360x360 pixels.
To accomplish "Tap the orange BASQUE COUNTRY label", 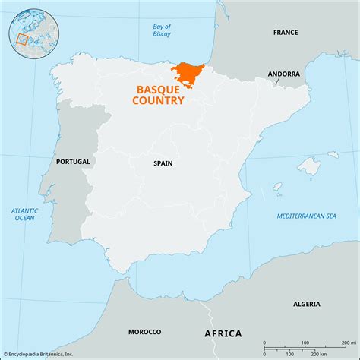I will point(159,94).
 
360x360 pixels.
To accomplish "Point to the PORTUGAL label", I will point(73,162).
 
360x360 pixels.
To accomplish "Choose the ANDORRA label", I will point(283,74).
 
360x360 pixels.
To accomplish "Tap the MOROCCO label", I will point(144,332).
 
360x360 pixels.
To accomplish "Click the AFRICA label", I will point(223,333).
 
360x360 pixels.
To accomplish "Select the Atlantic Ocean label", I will point(24,214).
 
